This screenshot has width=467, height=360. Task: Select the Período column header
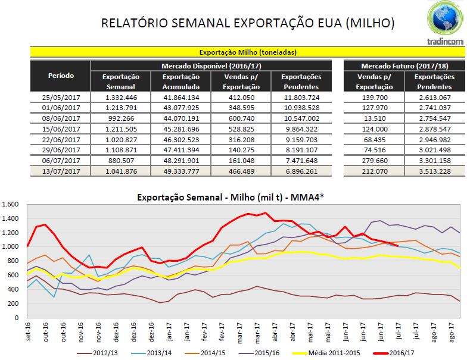pyautogui.click(x=60, y=76)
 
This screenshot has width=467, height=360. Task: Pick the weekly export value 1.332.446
pyautogui.click(x=121, y=97)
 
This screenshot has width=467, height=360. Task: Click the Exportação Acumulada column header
pyautogui.click(x=180, y=81)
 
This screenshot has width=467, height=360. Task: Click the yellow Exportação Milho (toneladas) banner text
pyautogui.click(x=247, y=52)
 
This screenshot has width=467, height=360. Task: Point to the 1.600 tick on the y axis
pyautogui.click(x=12, y=204)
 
